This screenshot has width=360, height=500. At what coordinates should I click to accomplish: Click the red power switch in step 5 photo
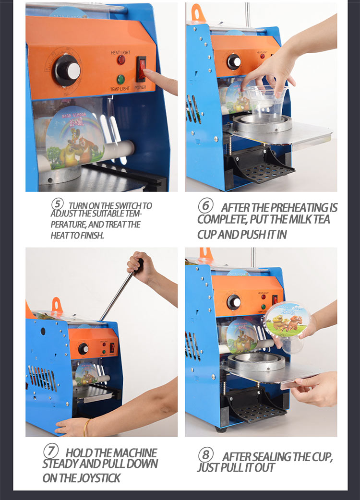tap(141, 68)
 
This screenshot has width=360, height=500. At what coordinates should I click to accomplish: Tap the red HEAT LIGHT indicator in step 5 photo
tap(121, 60)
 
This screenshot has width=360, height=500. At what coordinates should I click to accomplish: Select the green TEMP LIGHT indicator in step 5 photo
tap(121, 79)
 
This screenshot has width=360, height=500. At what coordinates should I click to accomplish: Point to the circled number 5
tap(58, 203)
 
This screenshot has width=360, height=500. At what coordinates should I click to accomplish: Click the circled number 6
tap(205, 206)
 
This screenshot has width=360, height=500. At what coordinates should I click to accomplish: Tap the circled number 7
tap(51, 452)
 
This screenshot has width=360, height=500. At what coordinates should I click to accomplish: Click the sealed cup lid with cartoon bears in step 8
tap(287, 319)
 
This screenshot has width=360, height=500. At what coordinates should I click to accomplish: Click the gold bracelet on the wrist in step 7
tap(87, 427)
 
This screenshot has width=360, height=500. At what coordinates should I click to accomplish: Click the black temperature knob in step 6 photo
tap(234, 61)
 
